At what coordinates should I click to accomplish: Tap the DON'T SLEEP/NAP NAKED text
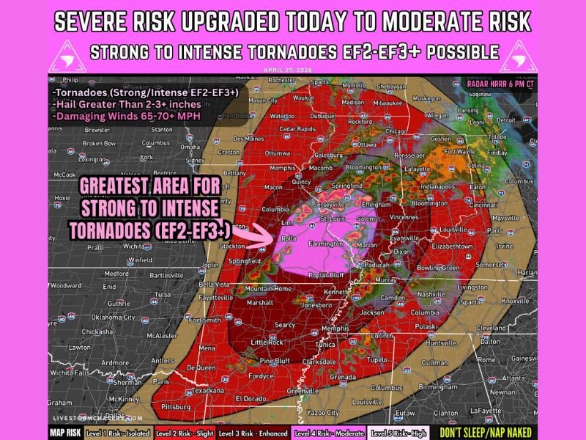point(486,432)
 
